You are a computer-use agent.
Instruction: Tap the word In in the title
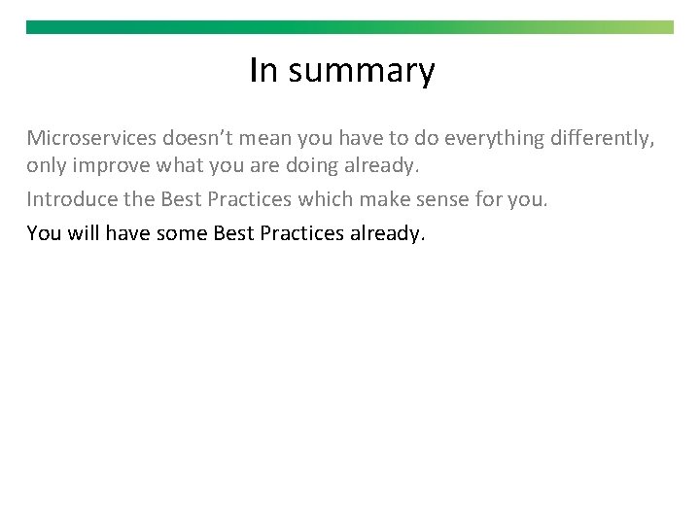point(262,71)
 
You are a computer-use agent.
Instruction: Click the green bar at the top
point(349,27)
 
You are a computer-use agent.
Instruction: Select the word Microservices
point(91,138)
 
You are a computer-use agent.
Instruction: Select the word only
point(44,166)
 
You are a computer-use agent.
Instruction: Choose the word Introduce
point(66,200)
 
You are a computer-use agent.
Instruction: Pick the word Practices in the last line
point(299,233)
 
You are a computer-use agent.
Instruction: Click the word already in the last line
point(386,233)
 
